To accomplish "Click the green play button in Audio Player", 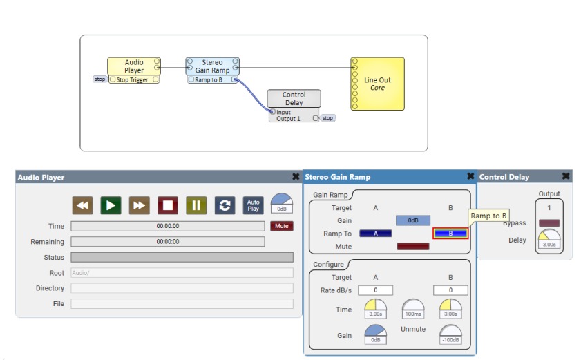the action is tap(111, 205).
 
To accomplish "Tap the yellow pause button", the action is tap(196, 205).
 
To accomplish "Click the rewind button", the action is tap(82, 205).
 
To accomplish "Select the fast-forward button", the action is tap(140, 205).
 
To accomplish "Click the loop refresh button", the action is tap(225, 205).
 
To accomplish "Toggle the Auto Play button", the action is tap(253, 205).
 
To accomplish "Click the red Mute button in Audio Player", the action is tap(282, 226).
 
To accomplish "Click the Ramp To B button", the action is tap(450, 234).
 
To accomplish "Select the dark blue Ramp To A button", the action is tap(375, 234).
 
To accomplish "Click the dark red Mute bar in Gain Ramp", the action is tap(413, 247).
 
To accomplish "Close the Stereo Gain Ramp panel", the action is tap(470, 176).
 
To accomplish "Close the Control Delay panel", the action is tap(566, 176).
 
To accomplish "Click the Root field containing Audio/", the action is tap(182, 273).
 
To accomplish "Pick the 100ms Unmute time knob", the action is tap(413, 309).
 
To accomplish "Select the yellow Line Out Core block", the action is tap(378, 84).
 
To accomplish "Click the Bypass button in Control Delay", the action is tap(549, 222).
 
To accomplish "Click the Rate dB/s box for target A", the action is tap(375, 290).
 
